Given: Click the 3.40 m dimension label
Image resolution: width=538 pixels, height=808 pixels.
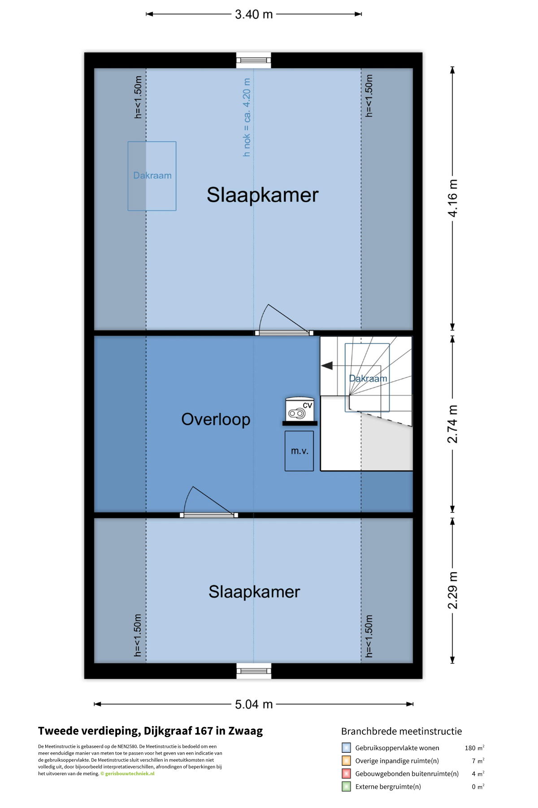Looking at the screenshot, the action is point(254,14).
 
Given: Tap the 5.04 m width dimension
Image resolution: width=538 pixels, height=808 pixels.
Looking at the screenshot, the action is point(254,704).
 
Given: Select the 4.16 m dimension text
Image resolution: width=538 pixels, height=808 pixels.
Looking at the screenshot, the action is point(453,198).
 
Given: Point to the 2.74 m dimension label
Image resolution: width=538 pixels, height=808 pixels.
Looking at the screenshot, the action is point(453,424).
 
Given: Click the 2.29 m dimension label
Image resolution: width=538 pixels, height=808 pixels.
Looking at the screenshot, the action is point(453,590).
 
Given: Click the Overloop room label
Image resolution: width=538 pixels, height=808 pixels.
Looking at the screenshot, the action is point(216,419).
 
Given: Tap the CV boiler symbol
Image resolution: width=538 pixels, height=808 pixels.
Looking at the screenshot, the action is point(299,409).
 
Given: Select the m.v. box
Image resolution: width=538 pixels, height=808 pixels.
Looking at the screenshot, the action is point(299,451).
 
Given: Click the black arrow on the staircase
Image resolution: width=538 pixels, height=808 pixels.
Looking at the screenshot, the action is point(327,366).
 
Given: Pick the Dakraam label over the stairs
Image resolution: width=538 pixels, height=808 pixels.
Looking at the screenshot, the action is point(368,378).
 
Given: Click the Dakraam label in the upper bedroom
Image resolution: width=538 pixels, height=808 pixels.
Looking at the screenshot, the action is point(152,176).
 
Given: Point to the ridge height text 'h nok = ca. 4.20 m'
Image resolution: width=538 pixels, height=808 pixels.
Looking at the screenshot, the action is point(247,118).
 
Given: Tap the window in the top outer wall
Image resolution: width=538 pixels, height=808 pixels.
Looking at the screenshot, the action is point(254,60).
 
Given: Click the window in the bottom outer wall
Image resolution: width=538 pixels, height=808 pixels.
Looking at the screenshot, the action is point(254,671).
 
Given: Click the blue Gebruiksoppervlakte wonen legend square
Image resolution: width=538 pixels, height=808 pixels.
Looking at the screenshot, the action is point(346,748).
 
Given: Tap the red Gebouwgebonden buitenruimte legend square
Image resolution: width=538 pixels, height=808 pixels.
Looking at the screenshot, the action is point(346,773).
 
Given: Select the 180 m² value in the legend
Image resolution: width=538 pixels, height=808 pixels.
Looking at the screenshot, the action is point(474,748).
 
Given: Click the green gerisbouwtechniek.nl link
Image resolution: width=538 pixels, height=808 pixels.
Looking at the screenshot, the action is point(130,773).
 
